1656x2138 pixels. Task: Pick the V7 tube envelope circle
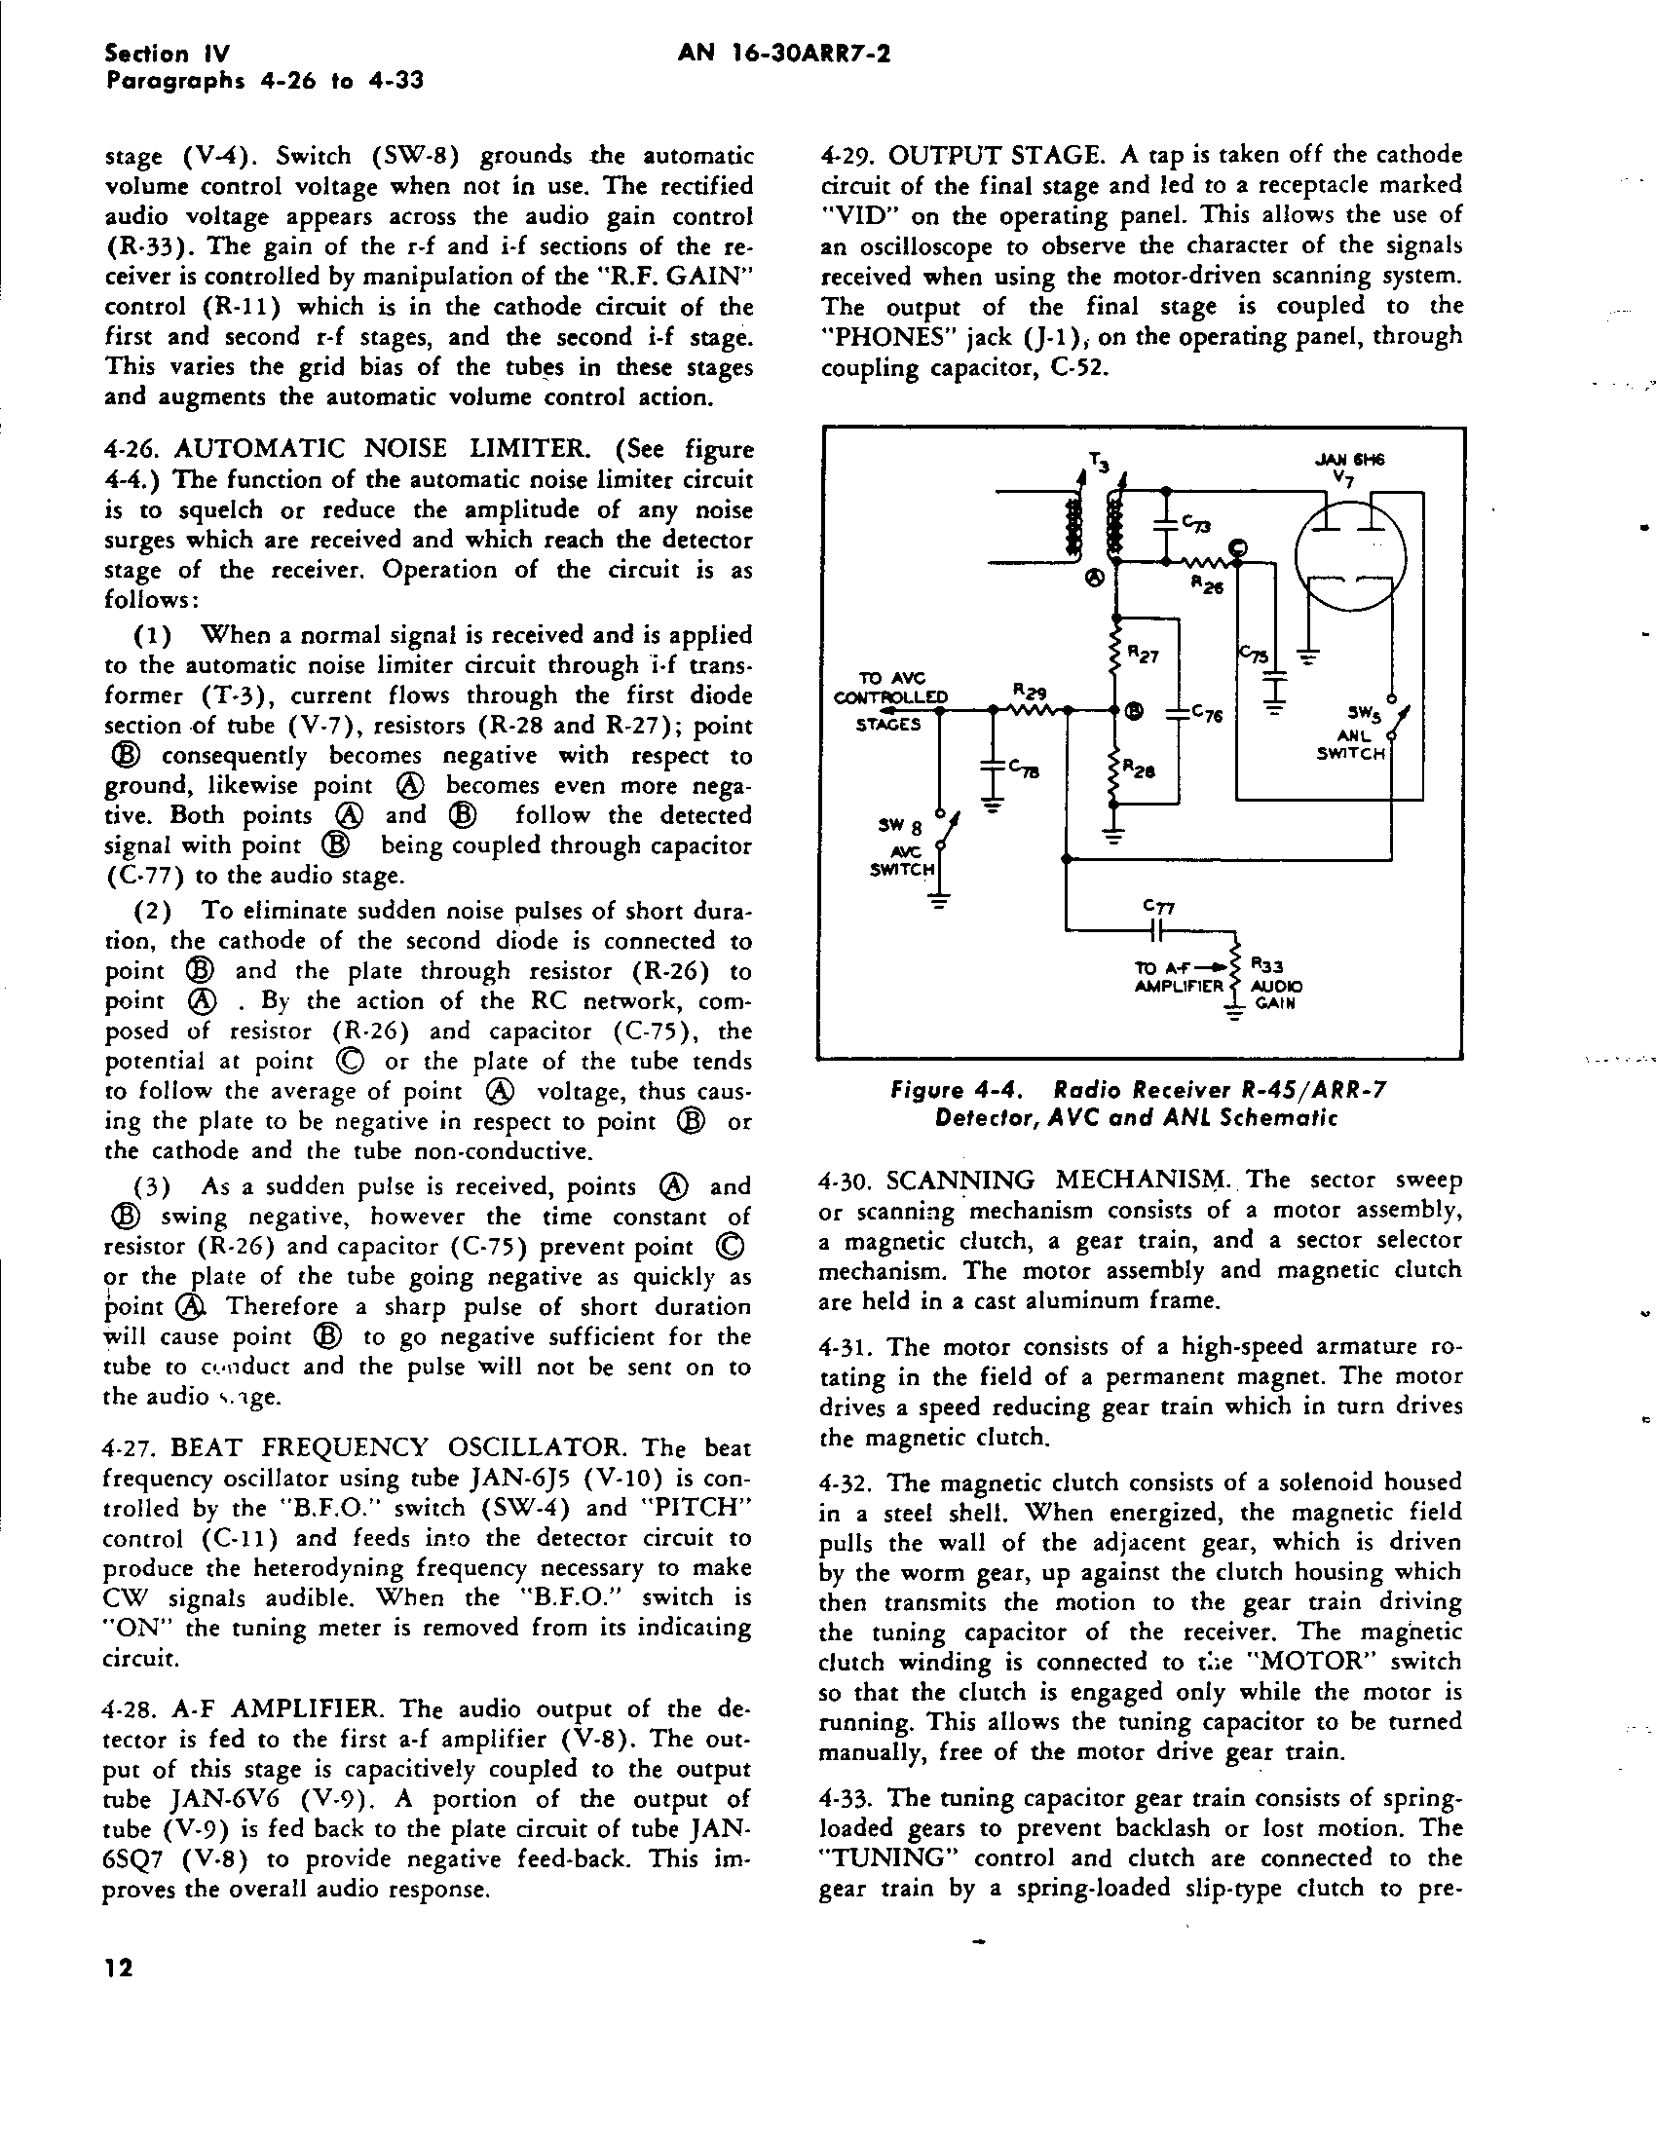(1350, 560)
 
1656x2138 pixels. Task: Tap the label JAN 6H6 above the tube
(1342, 460)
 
